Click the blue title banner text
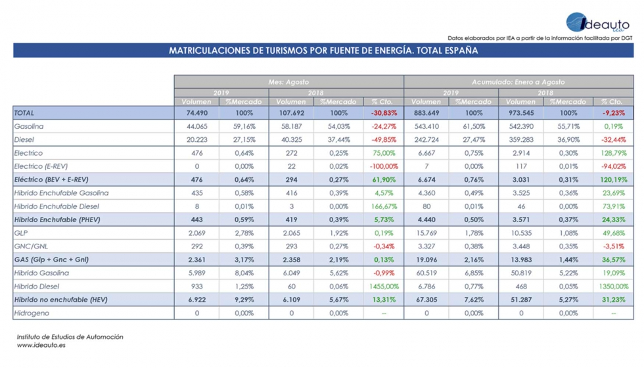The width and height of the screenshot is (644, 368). pos(323,51)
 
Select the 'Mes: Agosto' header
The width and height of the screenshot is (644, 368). pos(288,82)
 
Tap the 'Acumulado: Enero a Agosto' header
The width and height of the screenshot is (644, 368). pos(518,82)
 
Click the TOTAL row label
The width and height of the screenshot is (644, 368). pos(24,113)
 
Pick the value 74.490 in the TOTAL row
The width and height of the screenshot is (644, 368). pos(197,113)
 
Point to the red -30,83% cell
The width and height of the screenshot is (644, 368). pos(383,113)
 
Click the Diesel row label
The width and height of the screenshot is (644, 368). pos(24,140)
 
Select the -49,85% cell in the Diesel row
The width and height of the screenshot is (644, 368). pos(383,140)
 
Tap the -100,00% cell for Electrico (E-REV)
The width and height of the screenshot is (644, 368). pos(383,166)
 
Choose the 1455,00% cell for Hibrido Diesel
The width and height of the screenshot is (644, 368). pos(383,287)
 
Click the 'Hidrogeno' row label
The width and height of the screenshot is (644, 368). pos(32,313)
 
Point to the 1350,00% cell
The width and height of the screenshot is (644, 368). pos(613,287)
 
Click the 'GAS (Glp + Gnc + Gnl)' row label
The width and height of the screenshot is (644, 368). pos(51,260)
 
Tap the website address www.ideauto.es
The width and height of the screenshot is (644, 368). pos(41,346)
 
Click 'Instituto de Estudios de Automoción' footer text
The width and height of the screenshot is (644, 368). pos(70,337)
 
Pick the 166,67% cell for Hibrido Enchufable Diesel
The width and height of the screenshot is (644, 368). pos(383,206)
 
